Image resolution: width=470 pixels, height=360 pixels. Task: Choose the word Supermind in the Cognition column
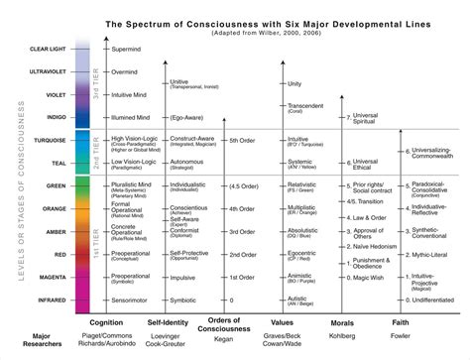pyautogui.click(x=129, y=48)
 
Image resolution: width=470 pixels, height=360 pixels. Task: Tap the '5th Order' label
pyautogui.click(x=244, y=141)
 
